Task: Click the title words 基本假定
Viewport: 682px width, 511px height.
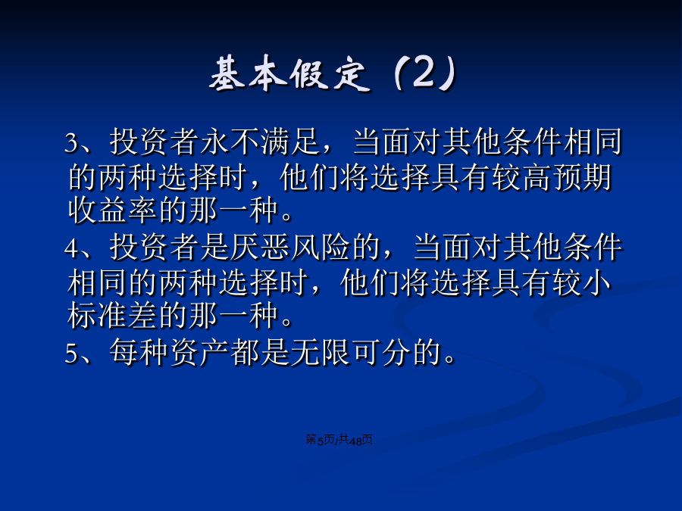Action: coord(289,74)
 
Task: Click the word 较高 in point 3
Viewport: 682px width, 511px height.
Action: coord(522,177)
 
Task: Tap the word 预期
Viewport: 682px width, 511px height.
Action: coord(582,177)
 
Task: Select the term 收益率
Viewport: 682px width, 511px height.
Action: coord(113,210)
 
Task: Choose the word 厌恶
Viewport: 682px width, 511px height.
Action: coord(261,248)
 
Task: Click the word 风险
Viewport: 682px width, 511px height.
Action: coord(321,248)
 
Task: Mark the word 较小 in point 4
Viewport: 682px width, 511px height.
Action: coord(582,282)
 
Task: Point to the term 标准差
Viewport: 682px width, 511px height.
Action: coord(113,316)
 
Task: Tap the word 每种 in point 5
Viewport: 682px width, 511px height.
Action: coord(139,352)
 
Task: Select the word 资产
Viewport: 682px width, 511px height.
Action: coord(199,352)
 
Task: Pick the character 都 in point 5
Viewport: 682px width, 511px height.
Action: coord(245,352)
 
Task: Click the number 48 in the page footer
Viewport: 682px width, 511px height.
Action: coord(356,441)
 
